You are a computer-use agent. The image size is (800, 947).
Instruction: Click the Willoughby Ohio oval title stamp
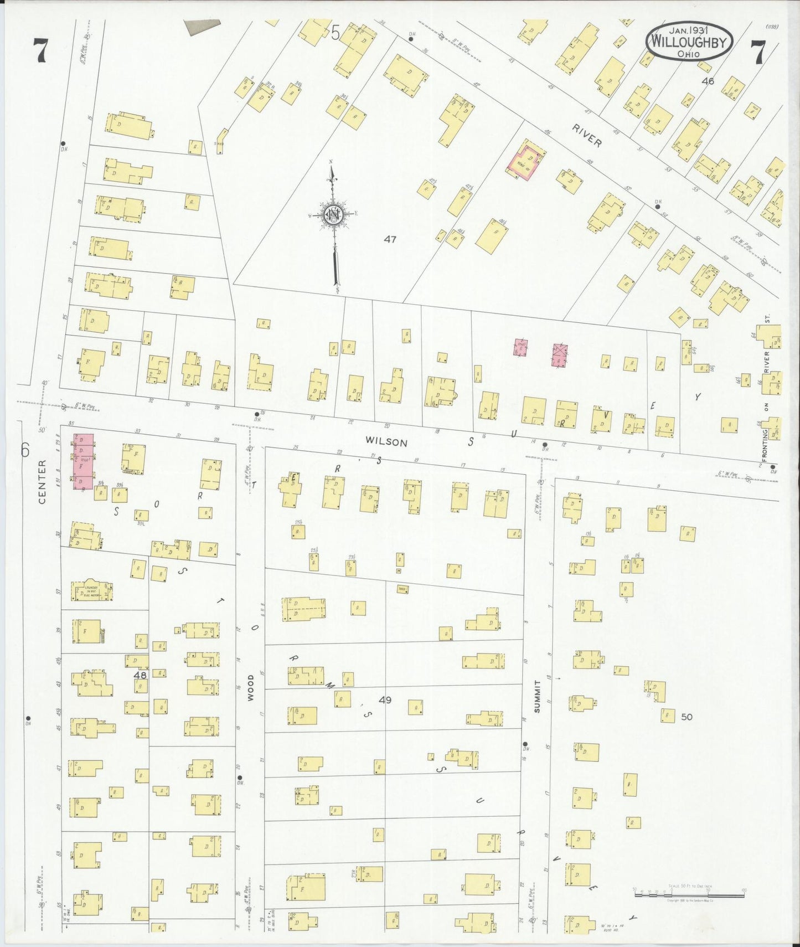[689, 42]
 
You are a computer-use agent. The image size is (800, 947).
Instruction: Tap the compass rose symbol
[334, 215]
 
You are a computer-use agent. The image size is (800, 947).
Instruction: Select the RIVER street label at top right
[587, 137]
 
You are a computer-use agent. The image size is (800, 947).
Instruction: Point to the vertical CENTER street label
[42, 487]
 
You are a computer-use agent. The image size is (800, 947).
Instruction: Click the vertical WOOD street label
[250, 688]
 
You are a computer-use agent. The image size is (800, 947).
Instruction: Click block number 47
[390, 239]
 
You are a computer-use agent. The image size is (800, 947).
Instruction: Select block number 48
[140, 675]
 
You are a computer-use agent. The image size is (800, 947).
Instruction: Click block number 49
[385, 700]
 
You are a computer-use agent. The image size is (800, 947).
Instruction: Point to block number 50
[687, 717]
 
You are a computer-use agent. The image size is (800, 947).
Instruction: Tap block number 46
[708, 81]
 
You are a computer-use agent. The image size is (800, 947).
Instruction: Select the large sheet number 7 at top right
[757, 53]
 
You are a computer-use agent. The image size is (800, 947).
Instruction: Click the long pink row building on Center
[84, 461]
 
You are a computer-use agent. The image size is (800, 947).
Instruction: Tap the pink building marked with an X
[560, 355]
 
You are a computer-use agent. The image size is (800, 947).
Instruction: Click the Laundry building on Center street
[92, 591]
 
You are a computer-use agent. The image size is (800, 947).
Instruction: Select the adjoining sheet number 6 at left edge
[25, 450]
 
